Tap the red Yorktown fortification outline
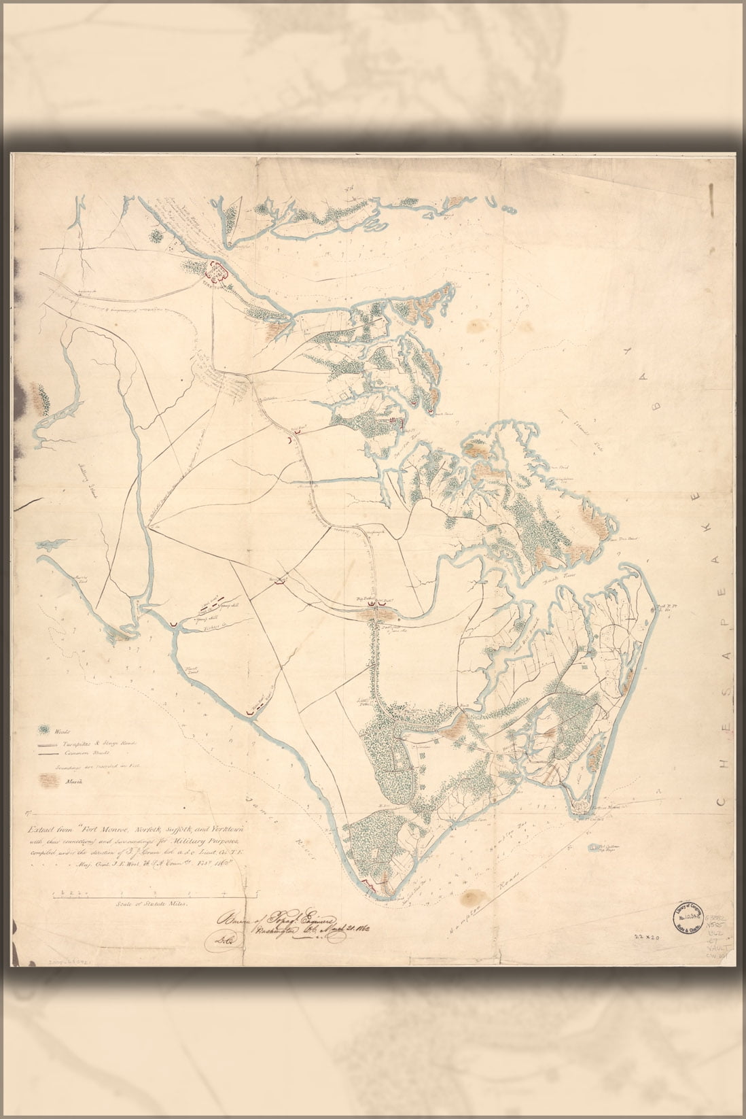[x=217, y=271]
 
